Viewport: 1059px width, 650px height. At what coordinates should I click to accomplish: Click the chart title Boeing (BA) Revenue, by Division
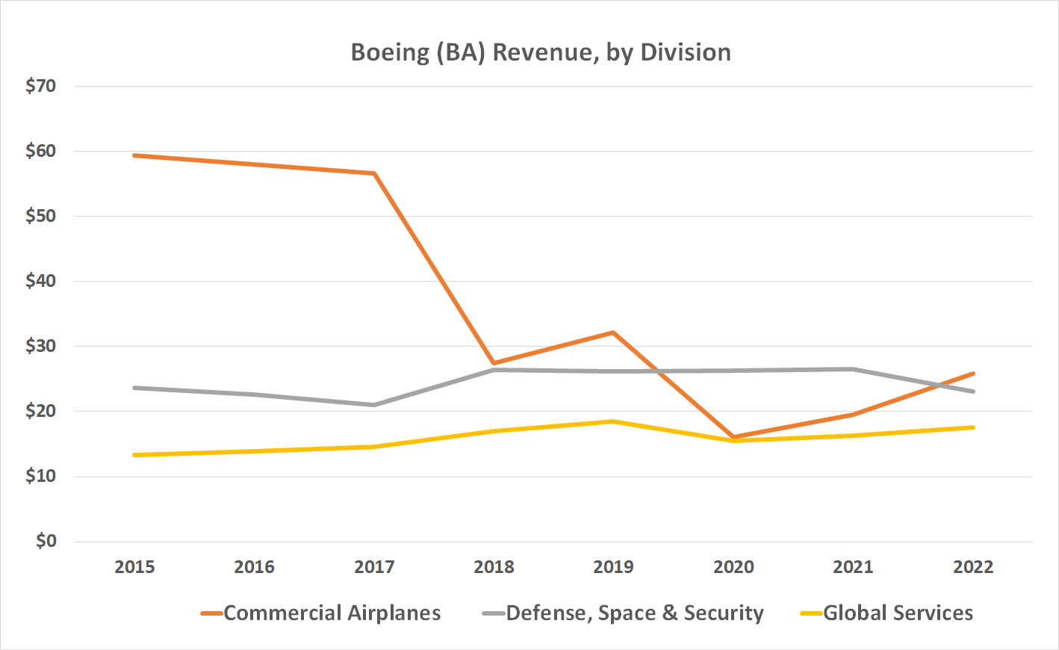pyautogui.click(x=541, y=52)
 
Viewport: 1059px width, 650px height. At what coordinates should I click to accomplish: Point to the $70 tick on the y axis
pyautogui.click(x=41, y=86)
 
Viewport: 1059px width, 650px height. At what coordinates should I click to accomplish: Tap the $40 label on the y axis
pyautogui.click(x=41, y=281)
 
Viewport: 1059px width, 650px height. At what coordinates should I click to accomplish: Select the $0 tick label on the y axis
pyautogui.click(x=46, y=541)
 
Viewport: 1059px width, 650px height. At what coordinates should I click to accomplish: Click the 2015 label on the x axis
pyautogui.click(x=134, y=567)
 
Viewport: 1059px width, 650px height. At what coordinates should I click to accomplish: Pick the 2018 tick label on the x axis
pyautogui.click(x=494, y=567)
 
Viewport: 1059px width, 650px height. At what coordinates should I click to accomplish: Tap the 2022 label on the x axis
pyautogui.click(x=973, y=567)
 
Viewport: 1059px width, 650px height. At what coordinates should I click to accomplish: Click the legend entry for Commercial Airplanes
pyautogui.click(x=332, y=613)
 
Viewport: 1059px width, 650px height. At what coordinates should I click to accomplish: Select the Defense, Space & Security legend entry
pyautogui.click(x=634, y=613)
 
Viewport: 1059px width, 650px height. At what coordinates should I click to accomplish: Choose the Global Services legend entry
pyautogui.click(x=898, y=613)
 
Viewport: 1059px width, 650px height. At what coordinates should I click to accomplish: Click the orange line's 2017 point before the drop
pyautogui.click(x=374, y=173)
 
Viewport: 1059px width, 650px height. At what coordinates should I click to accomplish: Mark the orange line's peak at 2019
pyautogui.click(x=614, y=332)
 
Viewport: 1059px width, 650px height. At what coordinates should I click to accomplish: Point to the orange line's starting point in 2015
pyautogui.click(x=134, y=155)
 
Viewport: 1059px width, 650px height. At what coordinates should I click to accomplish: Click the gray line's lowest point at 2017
pyautogui.click(x=374, y=405)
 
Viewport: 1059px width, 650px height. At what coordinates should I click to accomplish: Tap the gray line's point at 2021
pyautogui.click(x=853, y=369)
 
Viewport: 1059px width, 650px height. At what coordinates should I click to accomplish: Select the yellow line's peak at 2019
pyautogui.click(x=614, y=421)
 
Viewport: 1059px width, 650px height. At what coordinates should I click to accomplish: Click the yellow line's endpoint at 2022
pyautogui.click(x=973, y=427)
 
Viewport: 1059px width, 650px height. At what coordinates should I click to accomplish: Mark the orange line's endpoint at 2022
pyautogui.click(x=973, y=374)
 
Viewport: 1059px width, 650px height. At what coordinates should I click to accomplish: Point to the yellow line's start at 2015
pyautogui.click(x=134, y=455)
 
